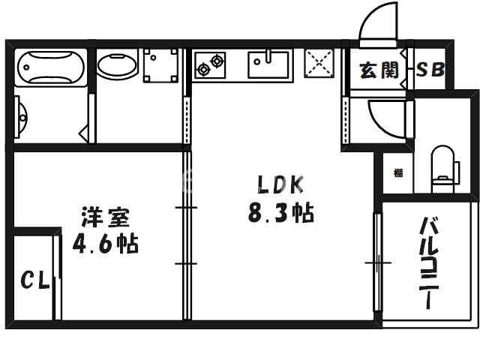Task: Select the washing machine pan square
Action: click(162, 67)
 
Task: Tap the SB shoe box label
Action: click(430, 70)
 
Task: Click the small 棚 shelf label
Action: click(397, 173)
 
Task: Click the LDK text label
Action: click(280, 184)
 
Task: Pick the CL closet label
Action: click(34, 283)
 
